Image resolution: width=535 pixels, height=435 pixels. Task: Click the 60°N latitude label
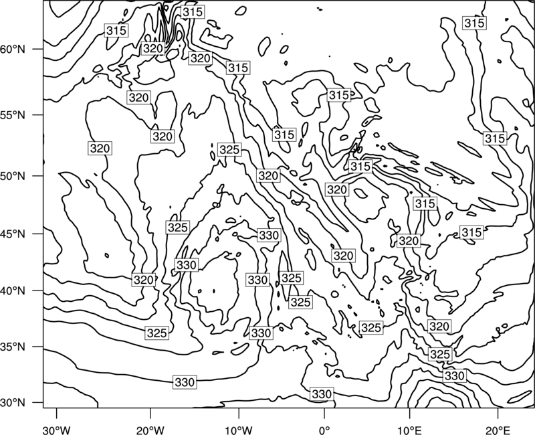(x=13, y=50)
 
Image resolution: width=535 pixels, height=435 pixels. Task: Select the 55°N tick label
(x=13, y=115)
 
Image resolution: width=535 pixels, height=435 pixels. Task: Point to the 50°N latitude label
(x=13, y=176)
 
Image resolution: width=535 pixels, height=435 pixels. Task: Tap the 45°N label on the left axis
(x=13, y=234)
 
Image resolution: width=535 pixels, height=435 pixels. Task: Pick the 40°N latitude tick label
(x=13, y=290)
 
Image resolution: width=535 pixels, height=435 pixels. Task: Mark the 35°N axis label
(x=13, y=347)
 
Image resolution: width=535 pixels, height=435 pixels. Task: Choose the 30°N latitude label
(x=13, y=403)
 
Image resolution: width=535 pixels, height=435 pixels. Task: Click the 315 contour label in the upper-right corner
(x=474, y=23)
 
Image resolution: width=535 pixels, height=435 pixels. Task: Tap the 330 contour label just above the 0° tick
(x=322, y=394)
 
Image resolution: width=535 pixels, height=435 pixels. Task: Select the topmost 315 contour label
(x=193, y=12)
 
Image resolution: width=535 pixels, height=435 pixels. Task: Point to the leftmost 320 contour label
(x=100, y=149)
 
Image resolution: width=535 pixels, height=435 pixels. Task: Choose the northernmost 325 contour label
(x=229, y=149)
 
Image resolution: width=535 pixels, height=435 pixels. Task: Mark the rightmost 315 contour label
(x=495, y=139)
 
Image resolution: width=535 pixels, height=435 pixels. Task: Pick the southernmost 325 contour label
(x=440, y=354)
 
